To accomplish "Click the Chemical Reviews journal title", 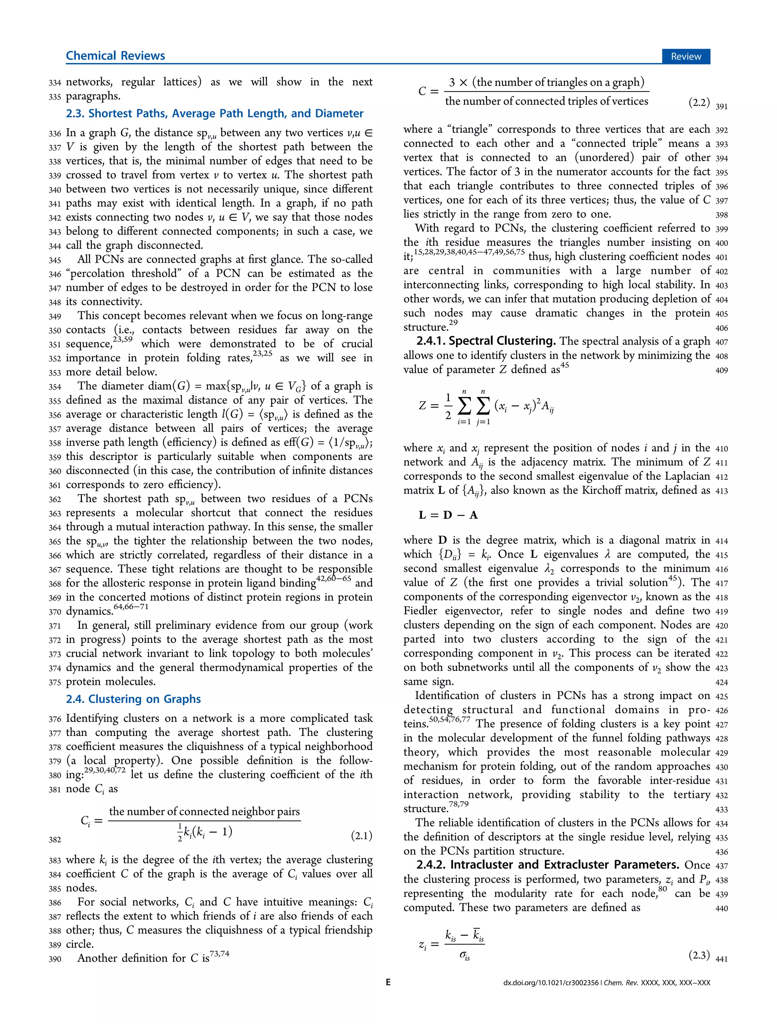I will pyautogui.click(x=115, y=56).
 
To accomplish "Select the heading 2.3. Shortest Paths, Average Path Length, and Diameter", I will pyautogui.click(x=214, y=113).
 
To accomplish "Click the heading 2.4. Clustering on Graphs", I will pyautogui.click(x=133, y=699).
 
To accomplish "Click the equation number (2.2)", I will pyautogui.click(x=699, y=102).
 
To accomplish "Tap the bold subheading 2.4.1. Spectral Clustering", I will pyautogui.click(x=486, y=341).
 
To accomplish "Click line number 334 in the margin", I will pyautogui.click(x=55, y=83).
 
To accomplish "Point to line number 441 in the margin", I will pyautogui.click(x=721, y=959).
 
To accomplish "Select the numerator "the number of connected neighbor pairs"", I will pyautogui.click(x=204, y=811).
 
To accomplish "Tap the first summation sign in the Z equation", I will pyautogui.click(x=464, y=406).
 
